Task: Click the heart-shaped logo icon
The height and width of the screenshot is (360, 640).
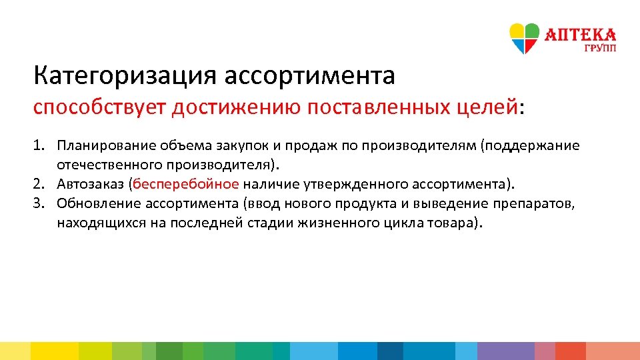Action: [525, 38]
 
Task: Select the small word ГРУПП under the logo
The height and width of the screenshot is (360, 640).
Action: [600, 48]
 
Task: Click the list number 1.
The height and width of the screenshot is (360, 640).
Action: [39, 146]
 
